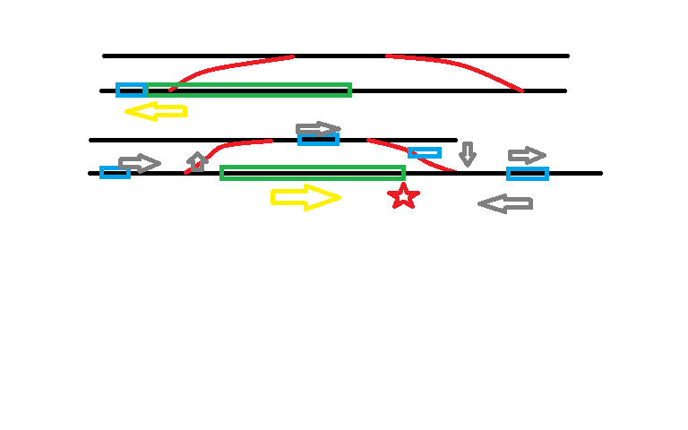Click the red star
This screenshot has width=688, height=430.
[403, 196]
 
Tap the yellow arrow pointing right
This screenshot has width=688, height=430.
[305, 197]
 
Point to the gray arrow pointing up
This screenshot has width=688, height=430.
[197, 162]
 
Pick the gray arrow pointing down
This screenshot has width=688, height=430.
[467, 153]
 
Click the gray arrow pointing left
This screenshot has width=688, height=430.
[505, 204]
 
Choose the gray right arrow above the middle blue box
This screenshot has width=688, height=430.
[318, 128]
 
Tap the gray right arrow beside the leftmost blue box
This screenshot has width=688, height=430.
[140, 163]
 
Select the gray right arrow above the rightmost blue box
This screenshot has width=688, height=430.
[527, 155]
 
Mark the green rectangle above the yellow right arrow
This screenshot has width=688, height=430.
[313, 172]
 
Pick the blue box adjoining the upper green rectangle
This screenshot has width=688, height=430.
[131, 90]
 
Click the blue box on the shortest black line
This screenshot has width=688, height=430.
[318, 139]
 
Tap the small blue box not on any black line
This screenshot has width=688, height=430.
[425, 152]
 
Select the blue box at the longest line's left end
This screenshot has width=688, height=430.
[115, 172]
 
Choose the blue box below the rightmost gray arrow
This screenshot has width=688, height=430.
[528, 173]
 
